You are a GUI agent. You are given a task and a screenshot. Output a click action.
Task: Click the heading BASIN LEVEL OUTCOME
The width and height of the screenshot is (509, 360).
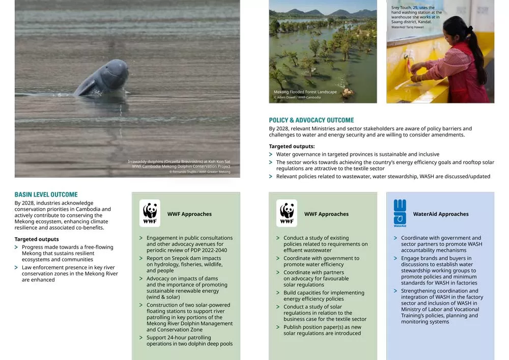coord(46,195)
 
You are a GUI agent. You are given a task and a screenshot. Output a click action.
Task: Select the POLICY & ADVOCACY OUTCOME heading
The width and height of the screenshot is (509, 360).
coord(312,120)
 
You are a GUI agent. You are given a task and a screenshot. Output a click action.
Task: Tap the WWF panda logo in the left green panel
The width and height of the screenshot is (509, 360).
coord(150,213)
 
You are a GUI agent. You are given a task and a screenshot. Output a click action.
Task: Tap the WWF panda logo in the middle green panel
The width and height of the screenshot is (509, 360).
coord(287,213)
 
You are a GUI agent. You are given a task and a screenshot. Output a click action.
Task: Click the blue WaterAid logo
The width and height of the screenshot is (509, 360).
coord(400,212)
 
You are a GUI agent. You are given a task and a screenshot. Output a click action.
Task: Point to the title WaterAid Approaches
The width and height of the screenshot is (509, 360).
coord(441,214)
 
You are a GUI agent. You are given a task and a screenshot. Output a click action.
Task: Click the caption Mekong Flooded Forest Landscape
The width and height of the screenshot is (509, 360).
coord(305,92)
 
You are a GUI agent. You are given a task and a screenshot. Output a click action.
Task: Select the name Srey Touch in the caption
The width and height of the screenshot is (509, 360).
coord(402,8)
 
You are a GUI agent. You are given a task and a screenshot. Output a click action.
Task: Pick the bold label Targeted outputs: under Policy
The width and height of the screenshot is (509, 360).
coord(292,147)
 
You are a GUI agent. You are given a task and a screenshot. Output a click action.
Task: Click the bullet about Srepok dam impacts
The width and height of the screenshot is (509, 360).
coord(184,264)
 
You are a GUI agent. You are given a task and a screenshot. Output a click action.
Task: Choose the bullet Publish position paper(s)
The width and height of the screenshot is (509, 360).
coord(322,330)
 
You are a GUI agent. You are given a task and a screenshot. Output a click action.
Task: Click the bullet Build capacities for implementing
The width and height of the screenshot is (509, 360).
coord(324,296)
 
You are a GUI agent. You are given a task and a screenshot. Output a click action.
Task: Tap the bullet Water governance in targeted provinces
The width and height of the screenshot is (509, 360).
coord(357,154)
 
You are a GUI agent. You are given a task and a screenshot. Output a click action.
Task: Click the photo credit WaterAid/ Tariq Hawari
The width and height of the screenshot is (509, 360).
coord(407,27)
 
